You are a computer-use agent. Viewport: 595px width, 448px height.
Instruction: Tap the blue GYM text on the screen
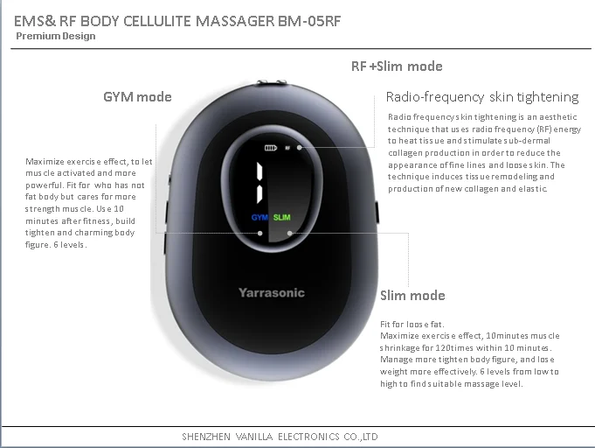(259, 216)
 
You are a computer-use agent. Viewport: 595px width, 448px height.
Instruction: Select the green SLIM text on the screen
(282, 216)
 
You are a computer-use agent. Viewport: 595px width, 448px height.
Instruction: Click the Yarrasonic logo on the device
(272, 293)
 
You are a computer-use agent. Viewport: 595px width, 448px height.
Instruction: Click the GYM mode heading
(137, 96)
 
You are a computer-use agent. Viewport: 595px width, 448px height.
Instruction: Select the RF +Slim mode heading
(397, 66)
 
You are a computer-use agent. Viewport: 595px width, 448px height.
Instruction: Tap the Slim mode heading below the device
(412, 295)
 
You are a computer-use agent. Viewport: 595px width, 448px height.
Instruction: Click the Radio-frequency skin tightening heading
(482, 97)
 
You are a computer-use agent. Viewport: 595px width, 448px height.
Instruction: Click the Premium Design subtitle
(56, 36)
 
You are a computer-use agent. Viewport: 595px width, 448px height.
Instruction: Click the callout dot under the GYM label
(259, 234)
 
